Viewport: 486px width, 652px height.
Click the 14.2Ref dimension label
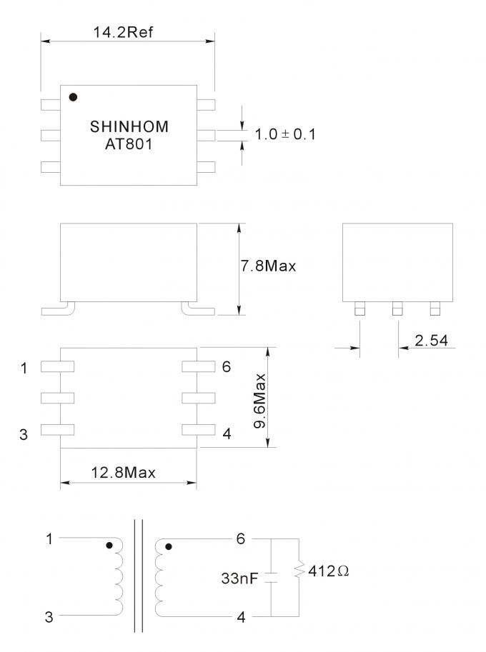click(x=123, y=32)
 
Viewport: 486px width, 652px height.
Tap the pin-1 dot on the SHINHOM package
click(x=73, y=97)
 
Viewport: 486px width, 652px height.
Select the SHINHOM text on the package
click(x=129, y=126)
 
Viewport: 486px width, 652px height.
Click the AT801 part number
click(x=129, y=144)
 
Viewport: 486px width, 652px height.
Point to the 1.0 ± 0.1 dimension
click(x=285, y=134)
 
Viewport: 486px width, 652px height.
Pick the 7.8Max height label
click(x=269, y=266)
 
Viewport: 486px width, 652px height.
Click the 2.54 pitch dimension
click(x=431, y=341)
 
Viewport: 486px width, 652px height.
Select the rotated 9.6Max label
click(x=259, y=401)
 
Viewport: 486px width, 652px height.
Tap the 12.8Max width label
click(x=123, y=473)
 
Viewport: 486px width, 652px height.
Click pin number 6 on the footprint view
click(x=227, y=367)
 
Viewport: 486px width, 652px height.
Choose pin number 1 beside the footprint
click(x=24, y=368)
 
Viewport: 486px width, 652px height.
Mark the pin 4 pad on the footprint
click(x=199, y=429)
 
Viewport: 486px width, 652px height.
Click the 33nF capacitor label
click(x=239, y=578)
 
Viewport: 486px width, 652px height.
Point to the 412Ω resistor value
click(x=328, y=571)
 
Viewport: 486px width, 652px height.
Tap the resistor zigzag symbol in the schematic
click(x=299, y=570)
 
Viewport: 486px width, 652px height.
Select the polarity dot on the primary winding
click(x=109, y=545)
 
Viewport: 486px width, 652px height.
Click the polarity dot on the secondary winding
click(x=169, y=547)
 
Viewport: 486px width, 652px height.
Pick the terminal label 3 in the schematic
click(x=49, y=617)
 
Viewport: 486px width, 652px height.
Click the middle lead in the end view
click(x=397, y=309)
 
